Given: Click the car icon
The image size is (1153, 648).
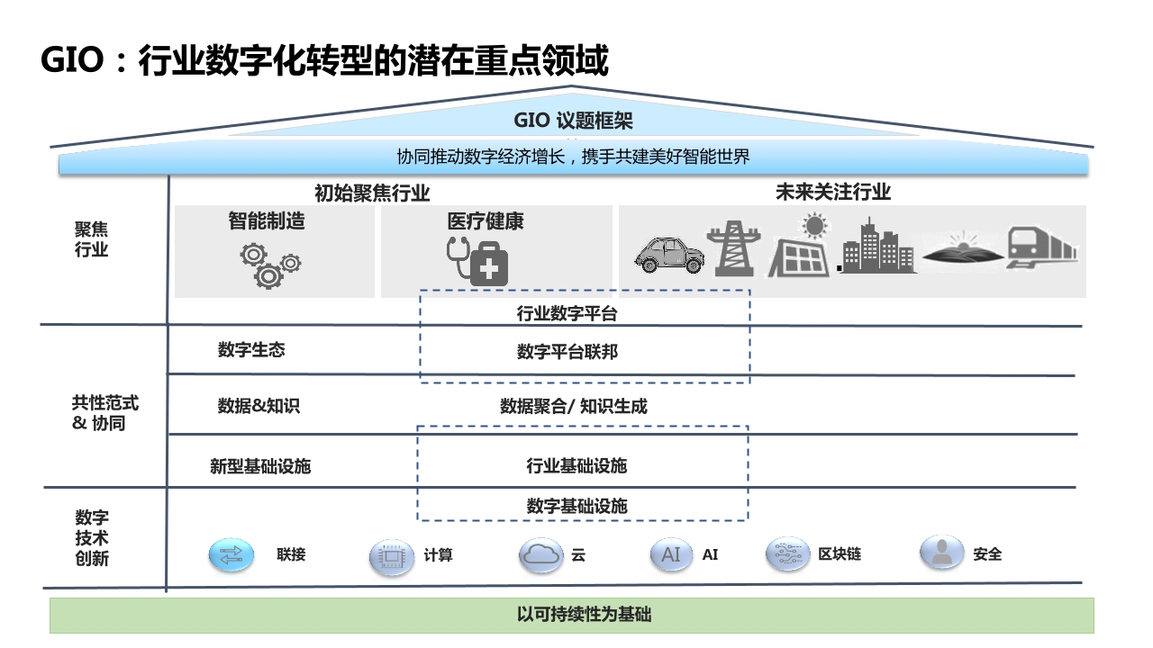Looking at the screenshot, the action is tap(669, 254).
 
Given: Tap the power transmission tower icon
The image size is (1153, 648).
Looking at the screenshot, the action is tap(733, 249).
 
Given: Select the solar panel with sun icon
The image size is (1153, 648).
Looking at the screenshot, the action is tap(799, 246).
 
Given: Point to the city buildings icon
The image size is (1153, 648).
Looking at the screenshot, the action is tap(877, 246).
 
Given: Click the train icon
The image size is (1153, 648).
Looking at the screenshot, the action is tap(1041, 247).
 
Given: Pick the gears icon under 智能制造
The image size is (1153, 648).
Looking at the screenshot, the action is tap(270, 265).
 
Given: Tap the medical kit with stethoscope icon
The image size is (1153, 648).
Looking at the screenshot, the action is tap(477, 261).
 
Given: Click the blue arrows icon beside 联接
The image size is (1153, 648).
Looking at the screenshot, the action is tap(232, 555).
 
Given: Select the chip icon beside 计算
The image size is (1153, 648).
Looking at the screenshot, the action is tap(391, 556).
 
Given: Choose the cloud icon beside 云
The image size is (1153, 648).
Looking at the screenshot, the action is tap(540, 555).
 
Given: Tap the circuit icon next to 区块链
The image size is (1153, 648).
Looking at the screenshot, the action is tap(787, 554).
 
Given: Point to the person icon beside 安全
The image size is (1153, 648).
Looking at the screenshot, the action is tap(941, 553).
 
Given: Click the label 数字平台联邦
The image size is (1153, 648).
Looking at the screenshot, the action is tap(567, 352).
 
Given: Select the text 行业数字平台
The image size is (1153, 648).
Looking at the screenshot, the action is tap(567, 314).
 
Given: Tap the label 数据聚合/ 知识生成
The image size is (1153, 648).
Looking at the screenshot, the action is tap(574, 407).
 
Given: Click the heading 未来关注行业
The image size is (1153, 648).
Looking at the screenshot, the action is tap(833, 192).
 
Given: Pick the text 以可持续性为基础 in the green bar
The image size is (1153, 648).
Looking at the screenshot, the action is tap(585, 615).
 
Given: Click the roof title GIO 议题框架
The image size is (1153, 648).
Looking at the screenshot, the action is tap(573, 121).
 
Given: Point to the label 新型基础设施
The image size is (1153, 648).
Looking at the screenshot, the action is tap(260, 466).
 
